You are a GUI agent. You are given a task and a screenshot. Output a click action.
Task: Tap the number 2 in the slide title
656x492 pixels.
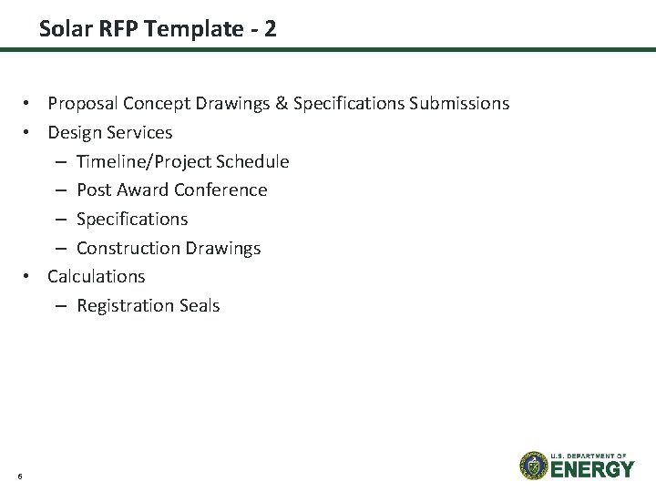(269, 29)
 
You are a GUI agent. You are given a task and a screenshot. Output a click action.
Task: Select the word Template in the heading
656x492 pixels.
(184, 29)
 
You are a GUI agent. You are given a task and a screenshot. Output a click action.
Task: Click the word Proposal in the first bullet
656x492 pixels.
(84, 104)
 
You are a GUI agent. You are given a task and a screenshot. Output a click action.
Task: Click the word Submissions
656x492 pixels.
(459, 104)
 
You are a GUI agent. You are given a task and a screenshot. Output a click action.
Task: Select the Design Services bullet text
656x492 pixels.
(109, 133)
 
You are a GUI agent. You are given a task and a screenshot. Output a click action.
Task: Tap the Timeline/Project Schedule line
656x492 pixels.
(182, 162)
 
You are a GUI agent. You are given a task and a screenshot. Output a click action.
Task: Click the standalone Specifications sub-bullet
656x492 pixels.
(132, 220)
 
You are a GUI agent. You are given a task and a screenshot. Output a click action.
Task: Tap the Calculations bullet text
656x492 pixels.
(96, 276)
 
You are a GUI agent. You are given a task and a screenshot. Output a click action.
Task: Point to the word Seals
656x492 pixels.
(197, 305)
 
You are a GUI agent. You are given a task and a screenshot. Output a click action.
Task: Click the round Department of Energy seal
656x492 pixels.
(533, 465)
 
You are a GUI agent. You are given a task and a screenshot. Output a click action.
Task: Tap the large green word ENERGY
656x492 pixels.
(592, 469)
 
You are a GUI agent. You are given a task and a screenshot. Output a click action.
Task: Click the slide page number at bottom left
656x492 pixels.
(19, 475)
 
